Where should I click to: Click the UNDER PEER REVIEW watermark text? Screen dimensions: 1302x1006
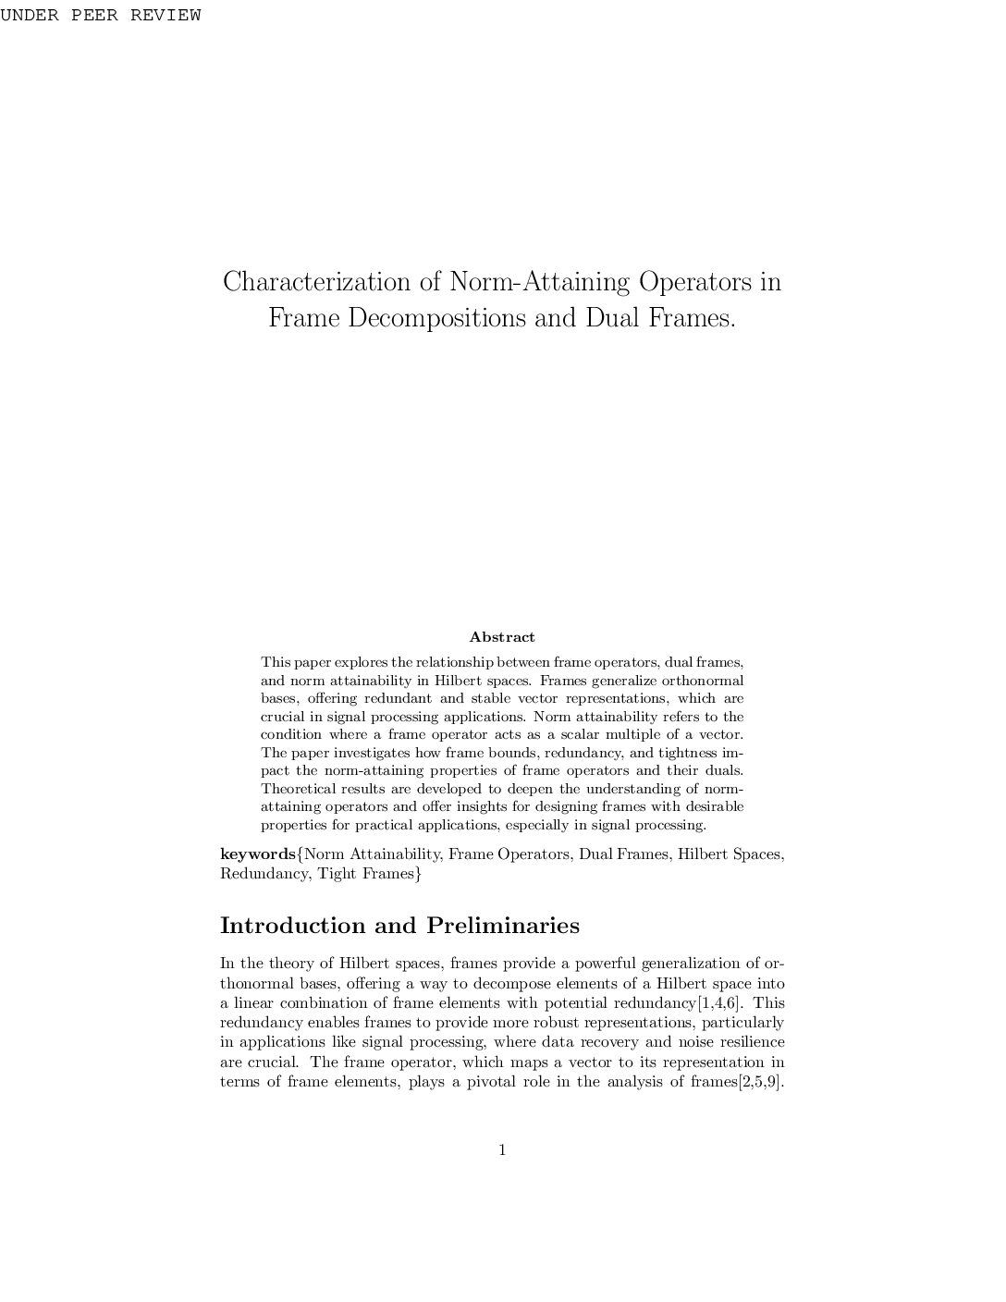(x=100, y=16)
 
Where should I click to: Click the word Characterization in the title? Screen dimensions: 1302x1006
(x=330, y=281)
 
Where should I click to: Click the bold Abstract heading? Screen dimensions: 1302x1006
(x=502, y=637)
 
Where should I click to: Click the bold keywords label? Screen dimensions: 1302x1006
(x=257, y=854)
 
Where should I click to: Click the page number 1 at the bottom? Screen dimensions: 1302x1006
(x=502, y=1150)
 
